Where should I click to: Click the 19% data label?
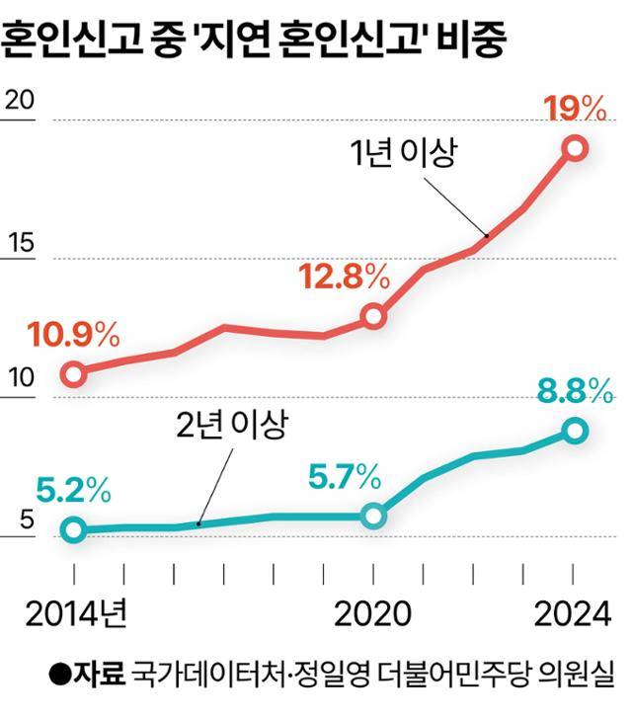[575, 108]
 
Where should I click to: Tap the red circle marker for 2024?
[575, 148]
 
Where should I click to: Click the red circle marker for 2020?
[373, 316]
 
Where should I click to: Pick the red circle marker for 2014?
[74, 373]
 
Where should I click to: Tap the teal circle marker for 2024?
[575, 431]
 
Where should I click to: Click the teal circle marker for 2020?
[373, 516]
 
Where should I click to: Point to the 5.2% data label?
[73, 490]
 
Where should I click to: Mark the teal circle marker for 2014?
[74, 529]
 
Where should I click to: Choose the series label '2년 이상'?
[232, 425]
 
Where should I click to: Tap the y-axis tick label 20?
[20, 100]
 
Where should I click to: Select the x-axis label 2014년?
[77, 614]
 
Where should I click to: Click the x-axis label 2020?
[373, 614]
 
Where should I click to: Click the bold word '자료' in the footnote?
[102, 676]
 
